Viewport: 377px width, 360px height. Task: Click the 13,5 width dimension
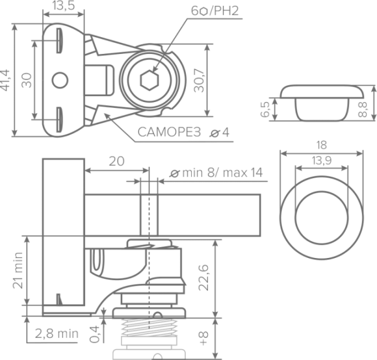64,5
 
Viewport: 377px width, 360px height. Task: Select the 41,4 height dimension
5,80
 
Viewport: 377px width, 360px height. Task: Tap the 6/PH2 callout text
215,11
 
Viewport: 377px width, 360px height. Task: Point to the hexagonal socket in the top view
149,80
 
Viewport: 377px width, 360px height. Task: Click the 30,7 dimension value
199,80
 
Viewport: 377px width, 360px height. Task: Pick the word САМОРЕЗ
169,132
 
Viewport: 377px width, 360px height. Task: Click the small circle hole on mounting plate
60,80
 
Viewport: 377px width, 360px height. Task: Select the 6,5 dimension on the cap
265,109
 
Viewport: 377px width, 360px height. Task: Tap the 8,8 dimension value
363,109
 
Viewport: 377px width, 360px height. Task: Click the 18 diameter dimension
322,145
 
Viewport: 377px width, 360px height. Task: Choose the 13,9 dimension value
322,161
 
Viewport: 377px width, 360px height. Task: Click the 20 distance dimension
117,161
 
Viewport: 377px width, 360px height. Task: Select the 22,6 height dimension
204,277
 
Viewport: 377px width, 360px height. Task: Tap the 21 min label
18,270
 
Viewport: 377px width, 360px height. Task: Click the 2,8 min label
57,334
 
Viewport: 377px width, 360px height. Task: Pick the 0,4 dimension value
94,334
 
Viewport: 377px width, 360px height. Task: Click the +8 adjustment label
203,338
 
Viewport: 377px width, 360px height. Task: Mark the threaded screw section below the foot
149,327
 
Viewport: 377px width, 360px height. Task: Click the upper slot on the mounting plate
59,41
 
